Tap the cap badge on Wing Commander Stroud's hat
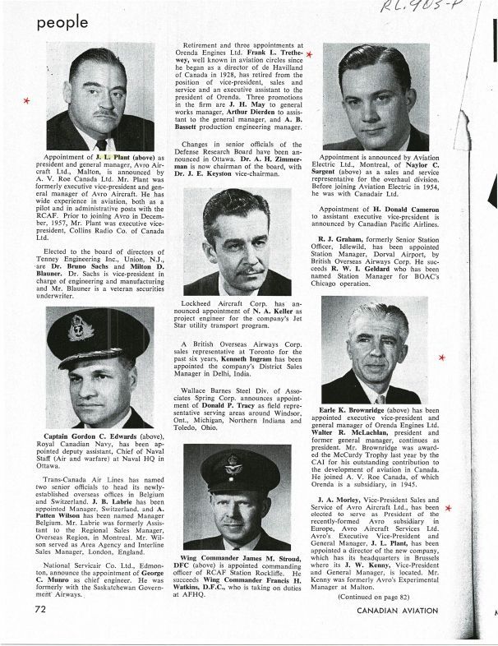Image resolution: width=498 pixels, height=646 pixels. pyautogui.click(x=234, y=462)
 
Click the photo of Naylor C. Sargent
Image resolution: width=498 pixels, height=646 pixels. pyautogui.click(x=376, y=95)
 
